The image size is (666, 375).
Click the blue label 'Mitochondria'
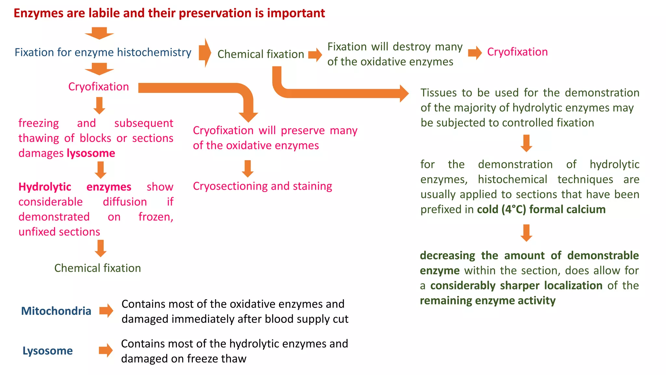pos(56,311)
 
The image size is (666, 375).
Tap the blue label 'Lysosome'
pos(47,351)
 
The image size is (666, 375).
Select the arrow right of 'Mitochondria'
pos(106,311)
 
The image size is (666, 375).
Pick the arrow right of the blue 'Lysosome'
pos(106,350)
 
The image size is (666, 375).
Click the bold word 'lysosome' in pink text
pos(91,153)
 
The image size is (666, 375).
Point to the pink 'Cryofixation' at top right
pos(517,52)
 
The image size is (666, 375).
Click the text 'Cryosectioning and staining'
pos(262,186)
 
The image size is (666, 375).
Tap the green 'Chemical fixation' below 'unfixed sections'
pos(98,268)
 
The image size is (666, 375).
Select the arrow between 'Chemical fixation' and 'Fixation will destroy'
pos(315,54)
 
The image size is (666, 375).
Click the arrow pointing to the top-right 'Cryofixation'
pos(475,53)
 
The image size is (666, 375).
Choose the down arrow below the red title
pos(100,33)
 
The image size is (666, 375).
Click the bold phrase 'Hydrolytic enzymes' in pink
pos(75,187)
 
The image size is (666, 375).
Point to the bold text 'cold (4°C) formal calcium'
pos(541,209)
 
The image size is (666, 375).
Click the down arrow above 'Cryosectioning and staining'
pos(248,169)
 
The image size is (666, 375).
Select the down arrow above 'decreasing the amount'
pos(526,233)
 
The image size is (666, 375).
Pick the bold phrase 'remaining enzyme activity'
pos(487,300)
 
